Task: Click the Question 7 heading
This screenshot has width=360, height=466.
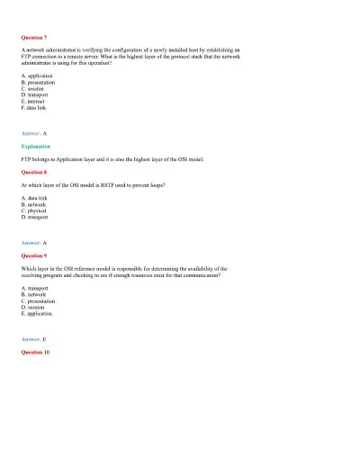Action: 33,37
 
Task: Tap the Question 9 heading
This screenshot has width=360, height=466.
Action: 33,255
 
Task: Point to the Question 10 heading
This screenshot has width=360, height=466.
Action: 35,352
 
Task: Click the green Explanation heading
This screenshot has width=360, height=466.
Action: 36,145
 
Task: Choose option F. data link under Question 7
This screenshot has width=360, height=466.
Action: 34,107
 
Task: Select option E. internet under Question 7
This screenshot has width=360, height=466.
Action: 34,101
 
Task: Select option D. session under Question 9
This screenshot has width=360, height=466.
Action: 34,308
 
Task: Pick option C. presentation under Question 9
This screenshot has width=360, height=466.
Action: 39,301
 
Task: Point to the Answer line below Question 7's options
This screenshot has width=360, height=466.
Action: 32,132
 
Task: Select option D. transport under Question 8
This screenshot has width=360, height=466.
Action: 35,217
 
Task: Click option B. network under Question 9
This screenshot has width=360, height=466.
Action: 34,295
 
